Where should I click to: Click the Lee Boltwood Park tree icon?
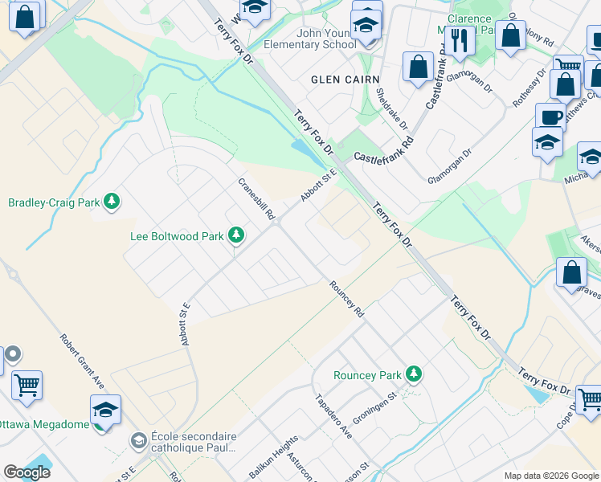pyautogui.click(x=235, y=235)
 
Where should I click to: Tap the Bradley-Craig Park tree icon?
pyautogui.click(x=112, y=202)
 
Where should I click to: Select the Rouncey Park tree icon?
pyautogui.click(x=413, y=374)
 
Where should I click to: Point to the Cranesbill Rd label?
pyautogui.click(x=256, y=198)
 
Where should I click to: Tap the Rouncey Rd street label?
pyautogui.click(x=346, y=299)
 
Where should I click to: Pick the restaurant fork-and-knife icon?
pyautogui.click(x=459, y=41)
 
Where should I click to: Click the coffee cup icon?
pyautogui.click(x=550, y=117)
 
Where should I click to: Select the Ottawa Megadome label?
pyautogui.click(x=43, y=424)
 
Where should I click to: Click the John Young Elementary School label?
pyautogui.click(x=315, y=39)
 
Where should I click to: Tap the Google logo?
pyautogui.click(x=27, y=472)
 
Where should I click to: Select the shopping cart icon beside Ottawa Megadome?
pyautogui.click(x=27, y=386)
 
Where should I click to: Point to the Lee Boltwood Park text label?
pyautogui.click(x=177, y=236)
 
